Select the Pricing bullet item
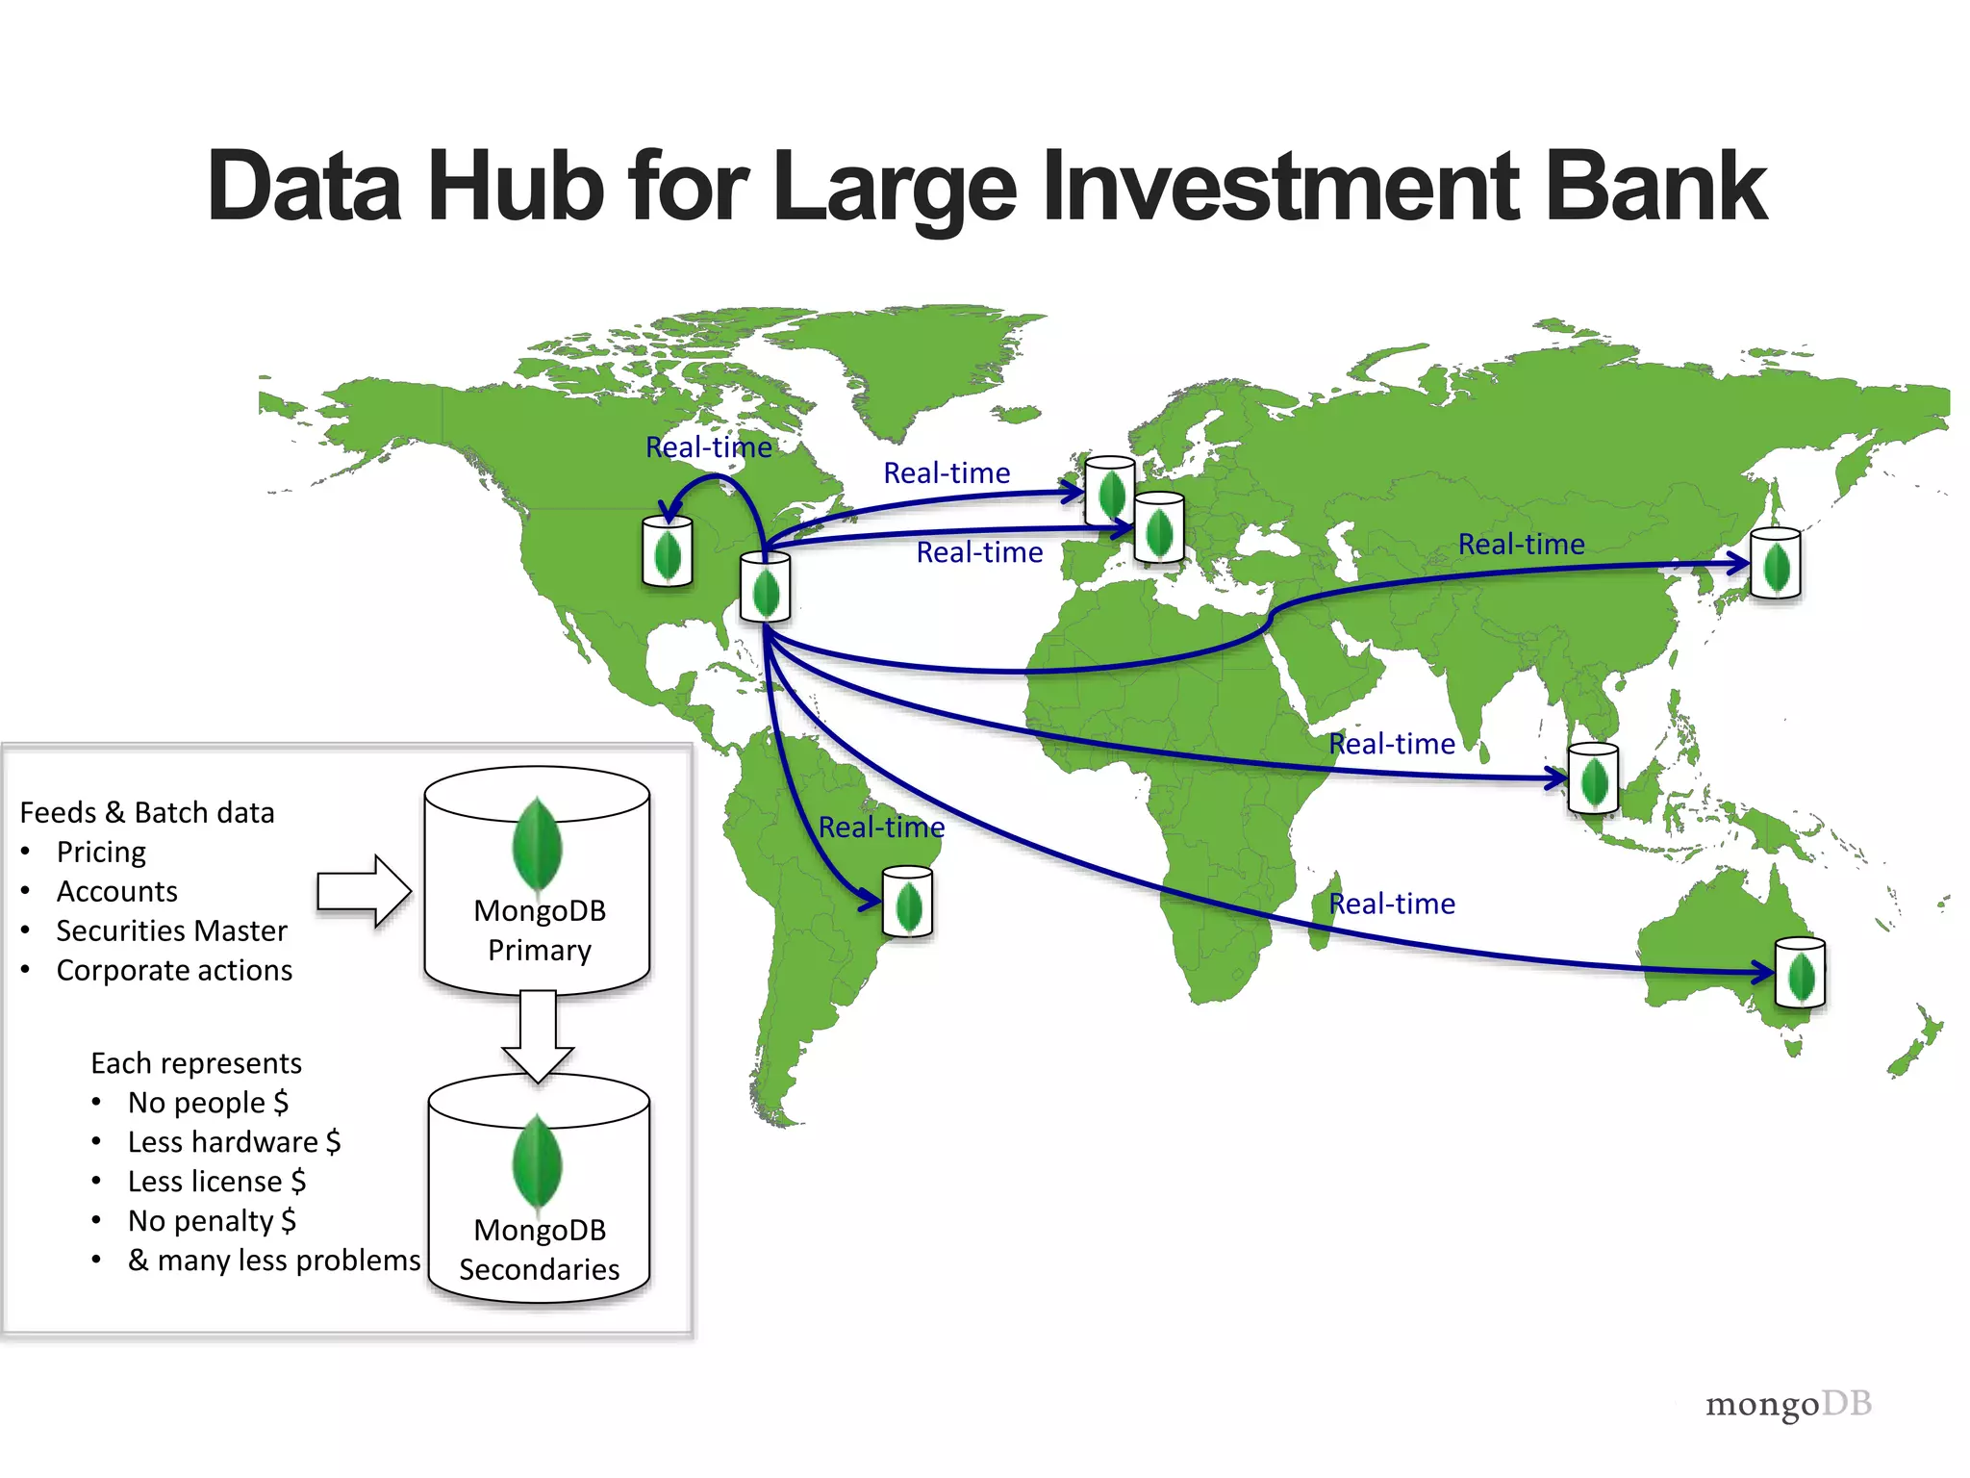(101, 853)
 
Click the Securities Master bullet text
(171, 931)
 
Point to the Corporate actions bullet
(174, 971)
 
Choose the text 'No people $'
(208, 1103)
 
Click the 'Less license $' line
(216, 1182)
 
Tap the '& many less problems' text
(274, 1261)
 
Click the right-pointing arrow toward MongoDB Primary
(365, 891)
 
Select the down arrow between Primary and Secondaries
(538, 1035)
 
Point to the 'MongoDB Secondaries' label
(539, 1250)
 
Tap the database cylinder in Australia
(1800, 973)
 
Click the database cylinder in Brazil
(908, 902)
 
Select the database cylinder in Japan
(1776, 563)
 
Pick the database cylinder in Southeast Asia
(1593, 778)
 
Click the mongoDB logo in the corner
(1788, 1405)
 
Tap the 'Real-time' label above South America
(881, 828)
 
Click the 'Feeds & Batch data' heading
(147, 813)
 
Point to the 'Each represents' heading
(196, 1063)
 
